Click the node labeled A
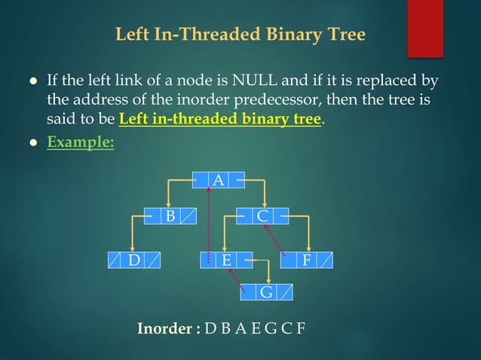click(x=218, y=180)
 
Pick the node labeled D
click(x=133, y=261)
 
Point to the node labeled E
click(x=225, y=261)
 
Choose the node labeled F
click(x=306, y=261)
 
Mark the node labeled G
click(x=266, y=292)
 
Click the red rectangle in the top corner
click(x=424, y=28)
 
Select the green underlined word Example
click(x=81, y=141)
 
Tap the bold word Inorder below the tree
click(x=168, y=329)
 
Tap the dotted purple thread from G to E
click(x=237, y=277)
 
